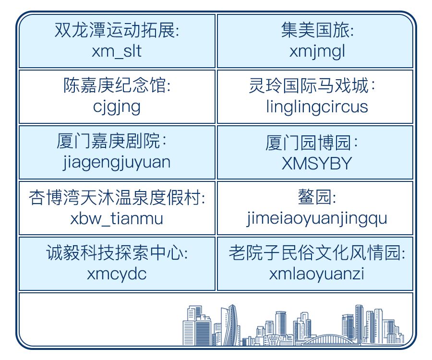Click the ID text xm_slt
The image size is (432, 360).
pos(117,52)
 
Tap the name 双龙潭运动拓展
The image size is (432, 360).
pos(114,30)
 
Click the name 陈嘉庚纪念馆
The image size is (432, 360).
pos(115,85)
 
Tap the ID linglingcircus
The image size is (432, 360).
pos(317,107)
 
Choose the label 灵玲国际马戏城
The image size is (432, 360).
pos(309,85)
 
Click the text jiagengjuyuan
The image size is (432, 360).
pos(117,163)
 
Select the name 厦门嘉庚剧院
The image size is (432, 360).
pos(108,141)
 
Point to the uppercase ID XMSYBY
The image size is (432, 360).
pos(317,164)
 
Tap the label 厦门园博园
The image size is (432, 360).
pos(309,143)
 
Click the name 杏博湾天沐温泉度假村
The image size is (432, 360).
pos(115,197)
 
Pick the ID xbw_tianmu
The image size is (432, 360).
pos(117,219)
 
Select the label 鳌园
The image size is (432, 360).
pos(314,197)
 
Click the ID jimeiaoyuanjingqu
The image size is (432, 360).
pos(317,219)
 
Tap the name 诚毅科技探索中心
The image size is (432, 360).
pos(114,252)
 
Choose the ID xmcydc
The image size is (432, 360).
pos(117,275)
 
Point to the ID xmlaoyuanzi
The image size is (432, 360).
pos(317,274)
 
